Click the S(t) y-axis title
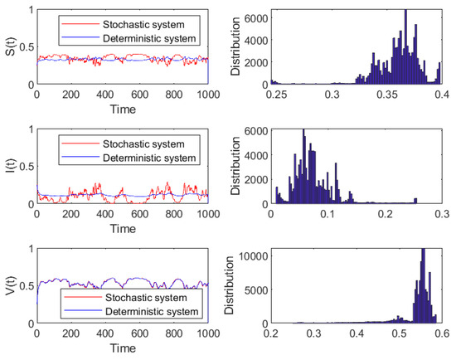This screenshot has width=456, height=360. coord(7,47)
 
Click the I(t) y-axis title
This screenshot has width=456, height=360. coord(7,166)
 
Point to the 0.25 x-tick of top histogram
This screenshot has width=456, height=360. coord(275,95)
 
